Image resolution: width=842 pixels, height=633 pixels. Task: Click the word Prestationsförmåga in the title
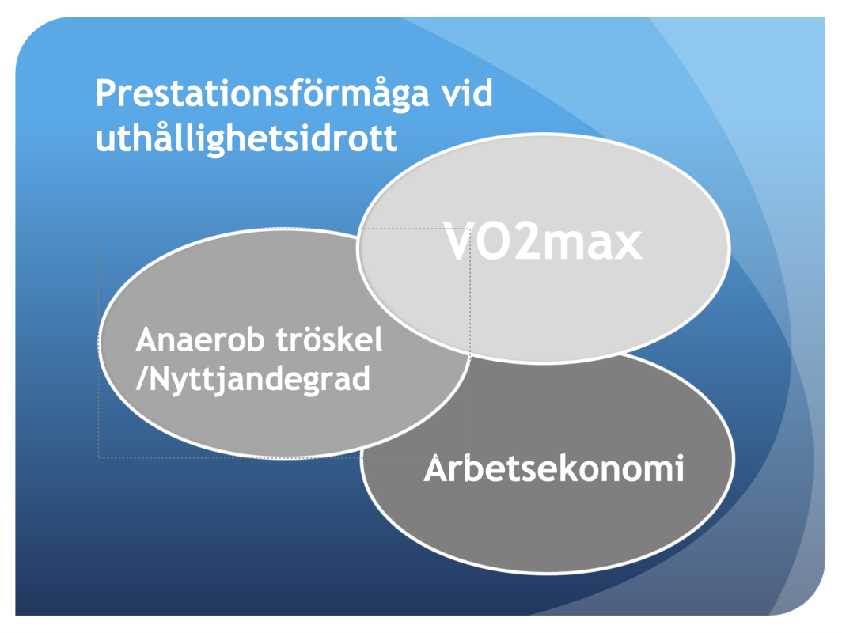tap(263, 94)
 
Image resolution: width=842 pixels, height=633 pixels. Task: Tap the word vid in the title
tap(467, 93)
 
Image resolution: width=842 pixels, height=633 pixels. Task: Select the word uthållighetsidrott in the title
tap(246, 138)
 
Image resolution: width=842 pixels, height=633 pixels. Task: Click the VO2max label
tap(542, 241)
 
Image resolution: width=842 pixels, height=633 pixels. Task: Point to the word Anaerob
tap(199, 339)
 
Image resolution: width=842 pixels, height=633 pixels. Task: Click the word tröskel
tap(329, 339)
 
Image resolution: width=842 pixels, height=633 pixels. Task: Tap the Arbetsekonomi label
tap(554, 468)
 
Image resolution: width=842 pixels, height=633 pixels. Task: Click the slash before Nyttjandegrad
tap(142, 378)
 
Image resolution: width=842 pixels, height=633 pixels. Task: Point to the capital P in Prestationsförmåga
tap(106, 93)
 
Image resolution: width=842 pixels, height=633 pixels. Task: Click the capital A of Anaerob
tap(147, 340)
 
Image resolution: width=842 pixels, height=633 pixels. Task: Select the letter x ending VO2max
tap(628, 246)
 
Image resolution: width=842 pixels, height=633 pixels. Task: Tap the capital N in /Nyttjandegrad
tap(159, 378)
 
